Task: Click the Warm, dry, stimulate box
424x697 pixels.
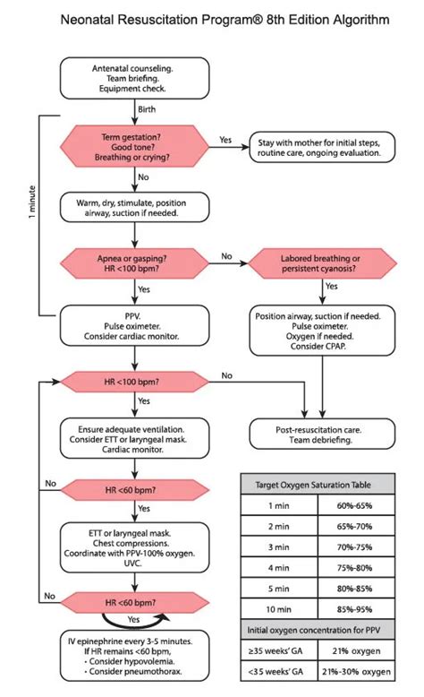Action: tap(133, 208)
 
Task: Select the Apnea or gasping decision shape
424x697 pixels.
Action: tap(133, 264)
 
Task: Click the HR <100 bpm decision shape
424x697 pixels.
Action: tap(133, 383)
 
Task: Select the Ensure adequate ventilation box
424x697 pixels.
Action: tap(133, 435)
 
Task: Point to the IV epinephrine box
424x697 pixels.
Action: tap(133, 659)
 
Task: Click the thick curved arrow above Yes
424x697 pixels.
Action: tap(133, 619)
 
